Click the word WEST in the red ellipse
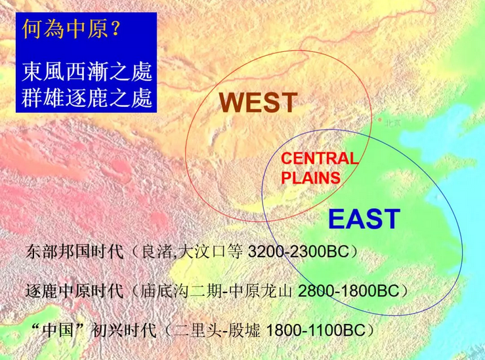click(x=258, y=103)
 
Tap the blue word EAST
click(x=364, y=218)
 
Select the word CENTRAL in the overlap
click(x=320, y=159)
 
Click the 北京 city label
click(x=393, y=122)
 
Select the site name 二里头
click(x=196, y=328)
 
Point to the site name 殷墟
click(x=242, y=328)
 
